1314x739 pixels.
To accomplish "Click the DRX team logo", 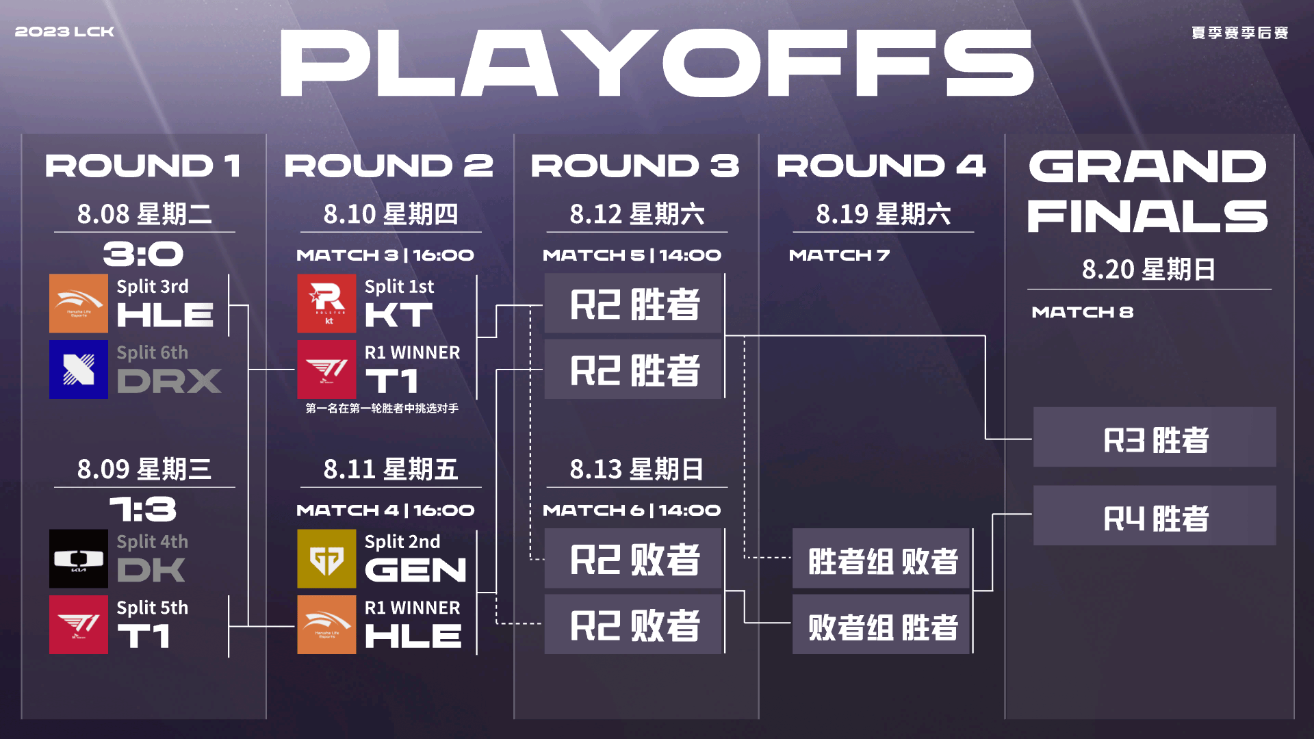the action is [x=79, y=369].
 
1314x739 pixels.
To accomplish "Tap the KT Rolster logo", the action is [x=326, y=304].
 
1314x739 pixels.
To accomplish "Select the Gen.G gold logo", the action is [x=326, y=559].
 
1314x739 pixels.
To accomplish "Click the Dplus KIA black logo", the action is [x=79, y=559].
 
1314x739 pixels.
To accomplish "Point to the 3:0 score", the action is [x=144, y=255].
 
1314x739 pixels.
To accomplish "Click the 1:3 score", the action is [x=144, y=510].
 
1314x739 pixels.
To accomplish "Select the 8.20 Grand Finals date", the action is [x=1108, y=270].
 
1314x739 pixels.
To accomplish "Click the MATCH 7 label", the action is [x=839, y=255].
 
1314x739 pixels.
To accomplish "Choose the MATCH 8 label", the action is [x=1083, y=312].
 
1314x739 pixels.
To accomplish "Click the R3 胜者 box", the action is [x=1155, y=437].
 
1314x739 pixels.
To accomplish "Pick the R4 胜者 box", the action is [x=1155, y=516].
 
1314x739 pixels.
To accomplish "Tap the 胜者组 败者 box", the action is [x=881, y=558].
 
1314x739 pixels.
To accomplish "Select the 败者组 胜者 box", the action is [x=881, y=624].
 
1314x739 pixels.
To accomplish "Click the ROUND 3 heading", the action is [x=635, y=166].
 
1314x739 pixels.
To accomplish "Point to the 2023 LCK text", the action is [x=64, y=32].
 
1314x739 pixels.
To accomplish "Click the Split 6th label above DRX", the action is [x=152, y=353].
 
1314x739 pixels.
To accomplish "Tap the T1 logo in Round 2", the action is [x=326, y=369].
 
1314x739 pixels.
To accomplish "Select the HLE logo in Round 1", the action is [x=79, y=304].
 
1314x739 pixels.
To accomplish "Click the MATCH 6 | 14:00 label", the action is [x=632, y=510].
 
